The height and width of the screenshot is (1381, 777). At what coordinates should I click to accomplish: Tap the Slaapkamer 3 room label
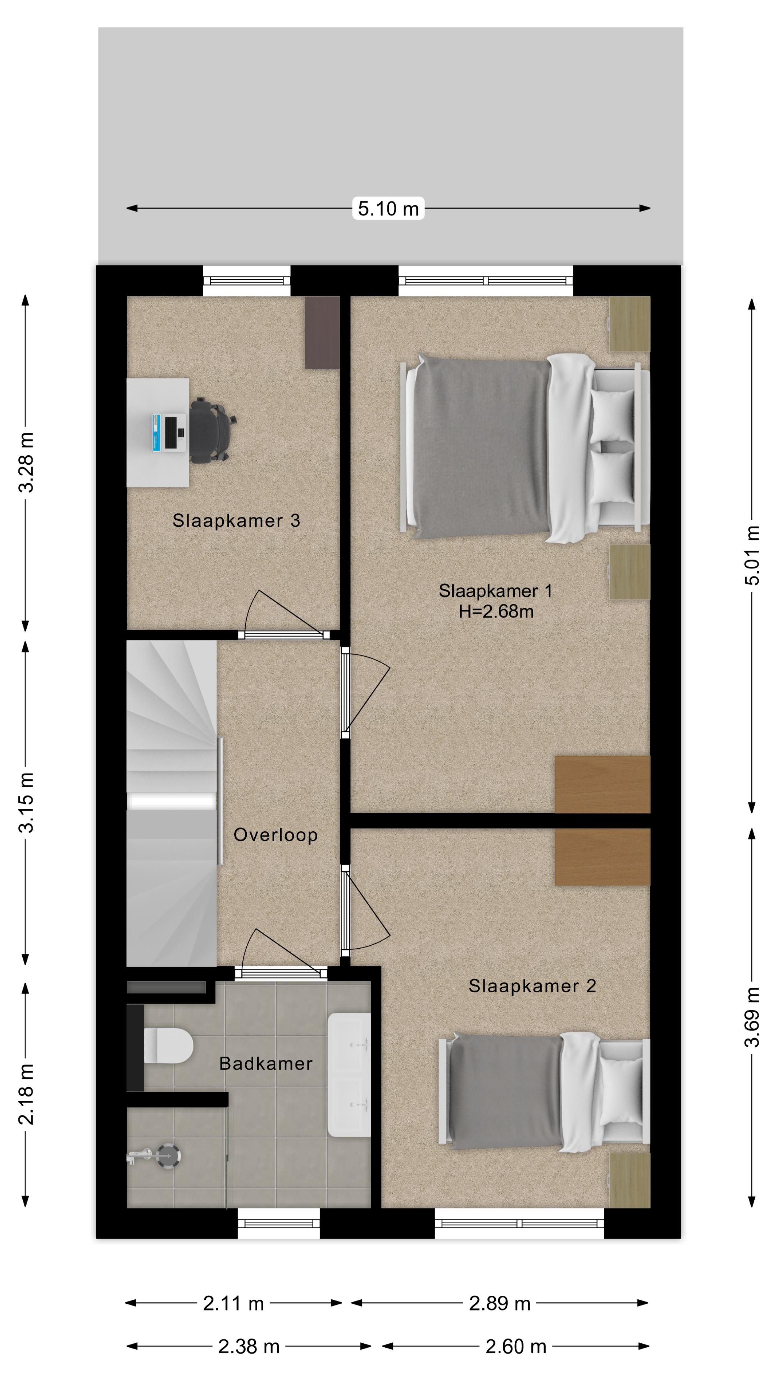click(236, 520)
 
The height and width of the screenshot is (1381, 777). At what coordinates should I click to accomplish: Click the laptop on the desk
click(168, 432)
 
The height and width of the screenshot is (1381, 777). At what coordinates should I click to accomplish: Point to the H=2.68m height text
click(495, 612)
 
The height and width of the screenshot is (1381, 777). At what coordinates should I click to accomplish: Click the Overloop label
click(276, 835)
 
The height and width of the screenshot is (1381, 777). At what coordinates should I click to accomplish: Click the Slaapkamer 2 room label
click(532, 986)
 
